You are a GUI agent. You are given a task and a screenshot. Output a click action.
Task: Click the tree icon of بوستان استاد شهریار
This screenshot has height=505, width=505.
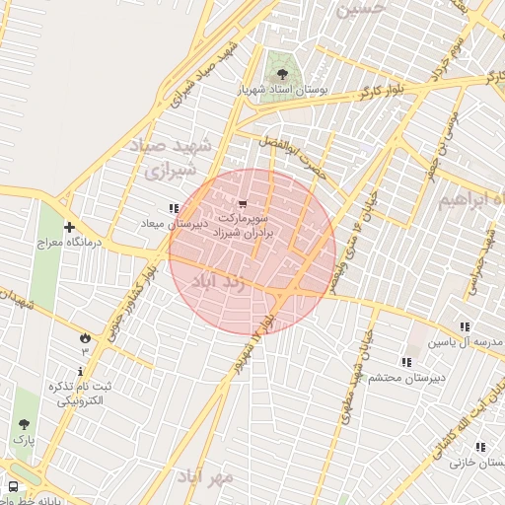coord(283,73)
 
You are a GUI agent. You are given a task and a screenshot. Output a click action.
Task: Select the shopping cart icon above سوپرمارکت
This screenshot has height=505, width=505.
coord(243,203)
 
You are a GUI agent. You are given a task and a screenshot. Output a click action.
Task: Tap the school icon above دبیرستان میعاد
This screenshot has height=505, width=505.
coord(174,208)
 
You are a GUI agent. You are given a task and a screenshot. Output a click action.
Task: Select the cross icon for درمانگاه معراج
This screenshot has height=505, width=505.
coord(69,226)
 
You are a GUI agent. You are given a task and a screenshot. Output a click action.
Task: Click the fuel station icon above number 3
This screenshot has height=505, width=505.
coord(84,337)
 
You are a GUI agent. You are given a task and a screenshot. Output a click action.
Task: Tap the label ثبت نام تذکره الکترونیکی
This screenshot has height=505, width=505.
coord(84,393)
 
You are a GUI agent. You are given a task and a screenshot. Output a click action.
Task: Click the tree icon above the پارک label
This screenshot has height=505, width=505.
coord(23,424)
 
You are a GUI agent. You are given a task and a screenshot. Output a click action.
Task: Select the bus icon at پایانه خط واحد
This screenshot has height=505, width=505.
coord(13,486)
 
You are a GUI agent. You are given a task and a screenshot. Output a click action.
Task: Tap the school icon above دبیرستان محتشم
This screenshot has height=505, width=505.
coord(406,362)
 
